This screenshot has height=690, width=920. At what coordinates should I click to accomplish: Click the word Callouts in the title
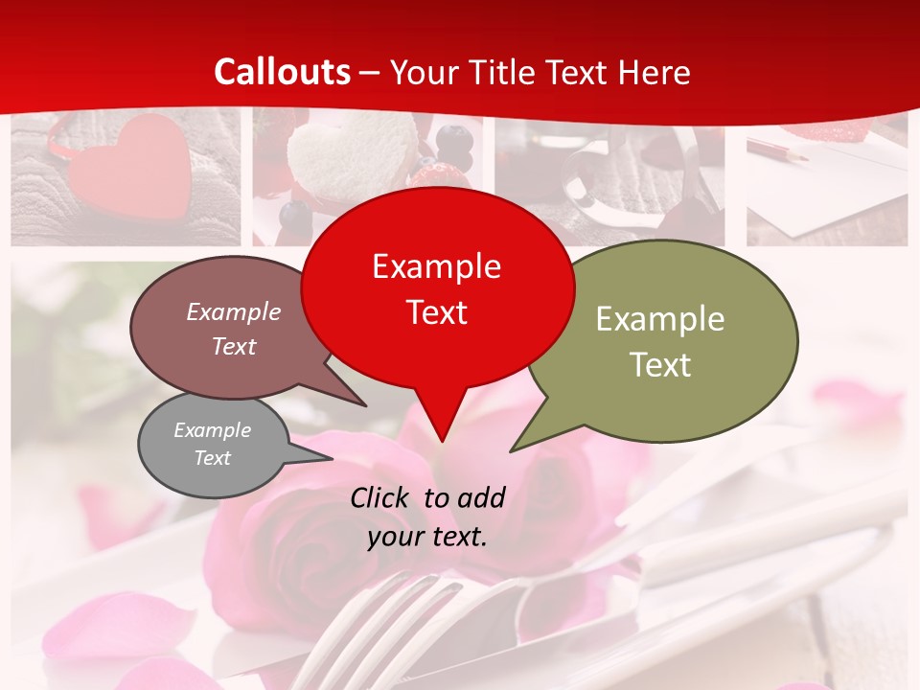[x=282, y=73]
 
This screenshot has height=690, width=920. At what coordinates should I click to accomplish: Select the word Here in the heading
[x=655, y=73]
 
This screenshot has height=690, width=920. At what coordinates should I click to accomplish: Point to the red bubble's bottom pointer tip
[x=441, y=440]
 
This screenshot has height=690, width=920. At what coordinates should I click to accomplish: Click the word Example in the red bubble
[x=436, y=266]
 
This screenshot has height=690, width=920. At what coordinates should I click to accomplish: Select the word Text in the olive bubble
[x=660, y=365]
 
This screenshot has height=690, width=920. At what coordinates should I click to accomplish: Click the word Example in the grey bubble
[x=212, y=430]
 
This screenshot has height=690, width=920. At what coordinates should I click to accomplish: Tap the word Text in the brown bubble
[x=234, y=347]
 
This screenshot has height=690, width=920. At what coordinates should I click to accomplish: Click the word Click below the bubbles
[x=380, y=497]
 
